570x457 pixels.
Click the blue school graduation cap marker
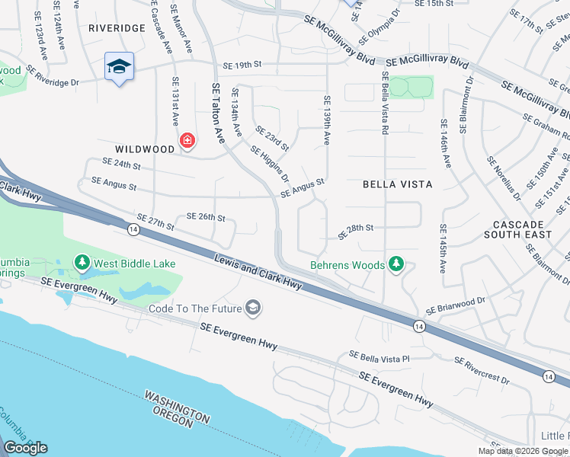pyautogui.click(x=120, y=66)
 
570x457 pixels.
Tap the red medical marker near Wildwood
pyautogui.click(x=187, y=140)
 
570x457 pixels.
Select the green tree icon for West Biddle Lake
pyautogui.click(x=82, y=263)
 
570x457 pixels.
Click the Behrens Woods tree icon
pyautogui.click(x=395, y=264)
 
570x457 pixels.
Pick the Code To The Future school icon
pyautogui.click(x=254, y=308)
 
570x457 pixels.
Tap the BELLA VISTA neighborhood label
pyautogui.click(x=397, y=184)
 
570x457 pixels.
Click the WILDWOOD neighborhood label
pyautogui.click(x=145, y=149)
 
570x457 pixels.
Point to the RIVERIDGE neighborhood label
pyautogui.click(x=117, y=27)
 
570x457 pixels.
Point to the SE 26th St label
pyautogui.click(x=206, y=218)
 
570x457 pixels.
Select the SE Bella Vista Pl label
pyautogui.click(x=379, y=355)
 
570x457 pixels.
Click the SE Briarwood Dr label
pyautogui.click(x=456, y=306)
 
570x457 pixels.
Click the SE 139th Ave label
pyautogui.click(x=327, y=120)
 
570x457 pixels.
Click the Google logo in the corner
pyautogui.click(x=25, y=448)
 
